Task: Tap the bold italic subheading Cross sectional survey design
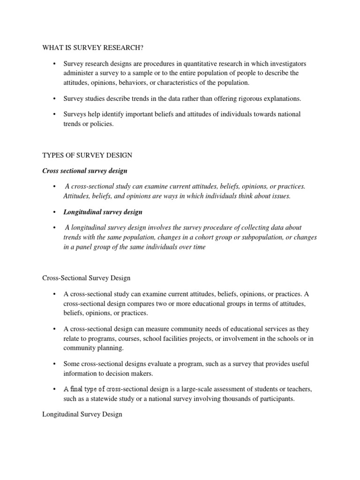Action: (x=84, y=171)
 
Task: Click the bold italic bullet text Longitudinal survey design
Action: (x=103, y=212)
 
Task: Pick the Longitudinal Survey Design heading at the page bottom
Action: (x=82, y=414)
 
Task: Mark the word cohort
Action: (x=202, y=237)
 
